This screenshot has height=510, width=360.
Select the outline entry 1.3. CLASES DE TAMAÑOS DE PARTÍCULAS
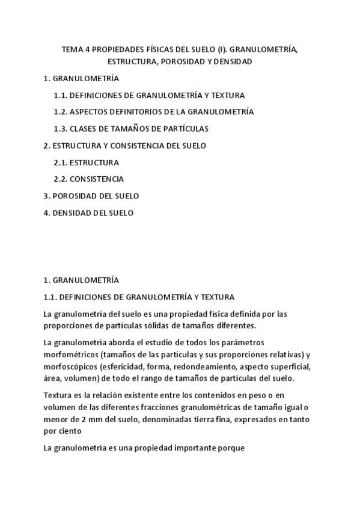coord(131,129)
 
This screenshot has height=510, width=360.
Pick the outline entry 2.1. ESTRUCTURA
coord(86,162)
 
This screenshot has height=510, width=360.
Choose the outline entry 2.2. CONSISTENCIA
coord(88,179)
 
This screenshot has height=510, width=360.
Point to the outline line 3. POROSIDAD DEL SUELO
coord(91,196)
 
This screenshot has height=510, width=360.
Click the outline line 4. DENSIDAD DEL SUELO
coord(88,213)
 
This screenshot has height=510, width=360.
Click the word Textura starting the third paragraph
coord(58,395)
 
